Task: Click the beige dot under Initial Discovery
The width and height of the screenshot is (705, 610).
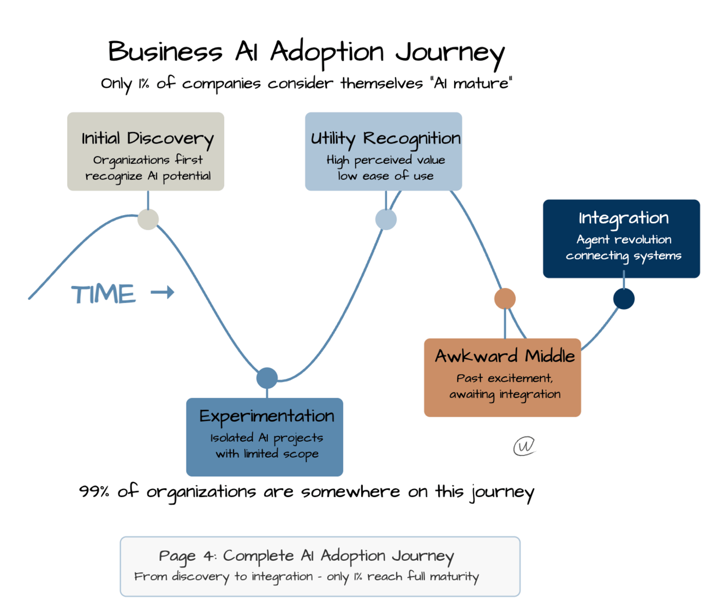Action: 148,219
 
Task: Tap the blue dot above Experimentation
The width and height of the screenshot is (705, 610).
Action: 267,378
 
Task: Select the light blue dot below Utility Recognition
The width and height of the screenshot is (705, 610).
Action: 386,220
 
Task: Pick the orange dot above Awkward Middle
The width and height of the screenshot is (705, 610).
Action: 505,299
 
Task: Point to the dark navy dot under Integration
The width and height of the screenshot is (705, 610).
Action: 624,299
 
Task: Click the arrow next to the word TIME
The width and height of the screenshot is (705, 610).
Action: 163,293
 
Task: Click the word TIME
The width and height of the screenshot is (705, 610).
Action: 103,294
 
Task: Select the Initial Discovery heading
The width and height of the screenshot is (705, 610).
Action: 147,139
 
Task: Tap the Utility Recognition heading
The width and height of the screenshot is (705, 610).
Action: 385,139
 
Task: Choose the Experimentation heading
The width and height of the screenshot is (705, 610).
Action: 266,416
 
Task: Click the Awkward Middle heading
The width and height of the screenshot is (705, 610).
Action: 505,356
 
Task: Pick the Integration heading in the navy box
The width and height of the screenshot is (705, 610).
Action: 624,218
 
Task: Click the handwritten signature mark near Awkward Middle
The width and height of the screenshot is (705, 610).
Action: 524,446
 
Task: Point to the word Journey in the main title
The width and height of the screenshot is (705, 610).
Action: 450,53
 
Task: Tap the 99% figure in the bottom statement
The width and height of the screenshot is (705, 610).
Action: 94,491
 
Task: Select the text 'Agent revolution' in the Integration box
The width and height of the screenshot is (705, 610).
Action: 624,240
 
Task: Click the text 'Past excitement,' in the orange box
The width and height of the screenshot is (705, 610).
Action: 505,378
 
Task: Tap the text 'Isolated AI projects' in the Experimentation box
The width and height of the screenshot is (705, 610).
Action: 266,438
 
